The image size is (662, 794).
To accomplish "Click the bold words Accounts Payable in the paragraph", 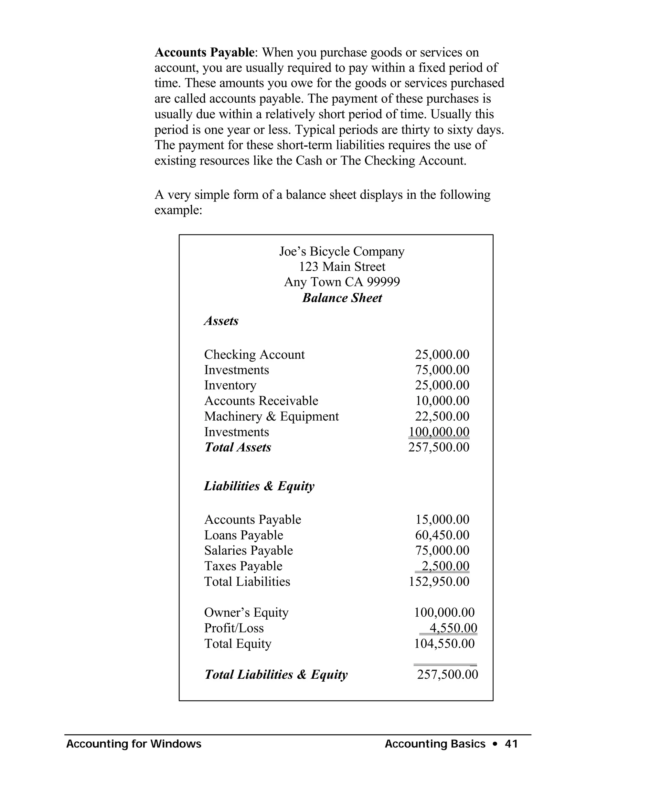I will point(204,52).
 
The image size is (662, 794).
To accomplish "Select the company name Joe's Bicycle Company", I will point(342,251).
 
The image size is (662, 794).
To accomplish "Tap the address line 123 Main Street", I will point(342,267).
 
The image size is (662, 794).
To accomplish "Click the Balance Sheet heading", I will point(342,298).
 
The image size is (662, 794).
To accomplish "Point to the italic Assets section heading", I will point(221,321).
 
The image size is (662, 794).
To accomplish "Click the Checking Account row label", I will point(254,355).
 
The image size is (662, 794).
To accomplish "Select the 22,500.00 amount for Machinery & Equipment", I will point(442,416).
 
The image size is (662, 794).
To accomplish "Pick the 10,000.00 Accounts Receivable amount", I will point(442,401).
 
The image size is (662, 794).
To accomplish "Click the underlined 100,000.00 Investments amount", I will point(439,432).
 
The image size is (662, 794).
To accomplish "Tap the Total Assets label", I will point(238,447).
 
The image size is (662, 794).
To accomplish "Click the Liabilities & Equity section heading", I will point(259,486).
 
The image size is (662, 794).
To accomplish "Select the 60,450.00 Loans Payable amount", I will point(442,535).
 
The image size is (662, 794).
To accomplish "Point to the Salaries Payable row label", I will point(249,550).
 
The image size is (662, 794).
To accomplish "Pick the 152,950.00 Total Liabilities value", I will point(439,581).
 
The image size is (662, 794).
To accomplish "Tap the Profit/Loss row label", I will point(234,628).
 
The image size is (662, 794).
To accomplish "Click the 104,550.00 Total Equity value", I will point(444,643).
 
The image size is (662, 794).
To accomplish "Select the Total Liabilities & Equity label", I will point(276,674).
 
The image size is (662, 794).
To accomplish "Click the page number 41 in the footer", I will point(511,744).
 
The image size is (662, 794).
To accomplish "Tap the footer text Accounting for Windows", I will point(133,744).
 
